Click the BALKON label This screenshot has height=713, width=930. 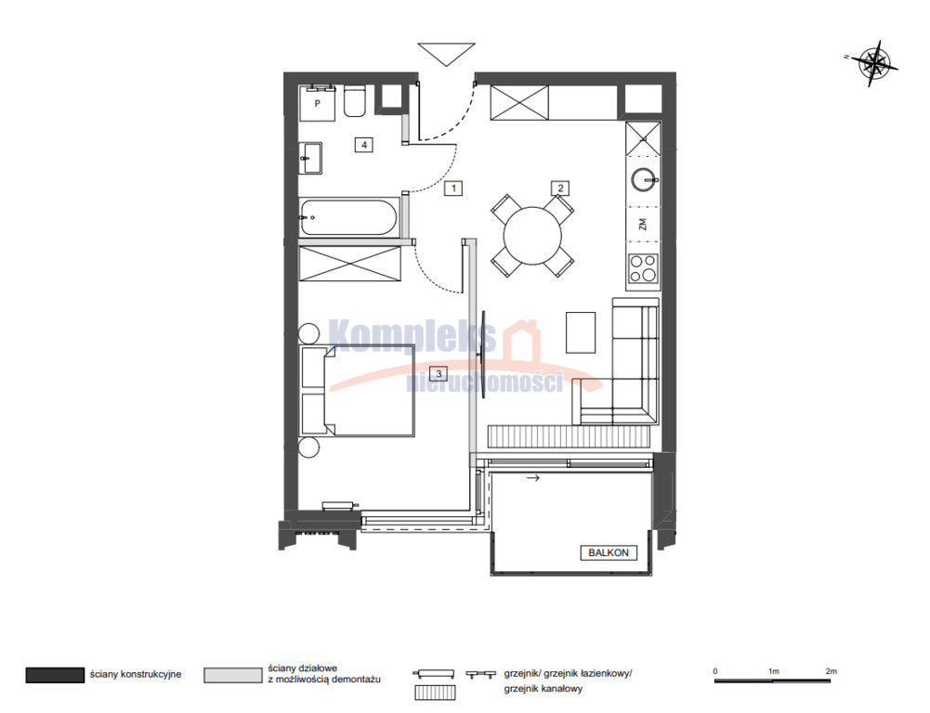[x=608, y=552]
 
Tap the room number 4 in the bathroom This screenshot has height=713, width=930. [x=364, y=144]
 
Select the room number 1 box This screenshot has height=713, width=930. [x=453, y=188]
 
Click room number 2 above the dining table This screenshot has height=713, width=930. [x=560, y=188]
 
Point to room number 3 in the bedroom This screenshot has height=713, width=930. [x=439, y=373]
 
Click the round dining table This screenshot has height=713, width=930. [x=532, y=235]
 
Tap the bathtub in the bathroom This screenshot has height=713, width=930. [x=348, y=217]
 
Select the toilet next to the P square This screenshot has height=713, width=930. [x=355, y=101]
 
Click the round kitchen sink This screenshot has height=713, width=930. [x=643, y=179]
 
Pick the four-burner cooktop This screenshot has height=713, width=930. [x=644, y=268]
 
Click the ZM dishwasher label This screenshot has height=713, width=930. [x=642, y=224]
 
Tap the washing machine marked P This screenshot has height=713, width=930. [x=318, y=103]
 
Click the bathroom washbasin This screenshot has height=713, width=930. [x=310, y=158]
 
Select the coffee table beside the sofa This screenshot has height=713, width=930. [x=581, y=332]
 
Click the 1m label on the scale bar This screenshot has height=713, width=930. [x=773, y=671]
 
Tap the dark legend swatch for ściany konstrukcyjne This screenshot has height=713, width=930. [x=55, y=675]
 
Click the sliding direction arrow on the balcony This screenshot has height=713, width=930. [x=533, y=478]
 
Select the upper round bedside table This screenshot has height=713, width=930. [x=309, y=333]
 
